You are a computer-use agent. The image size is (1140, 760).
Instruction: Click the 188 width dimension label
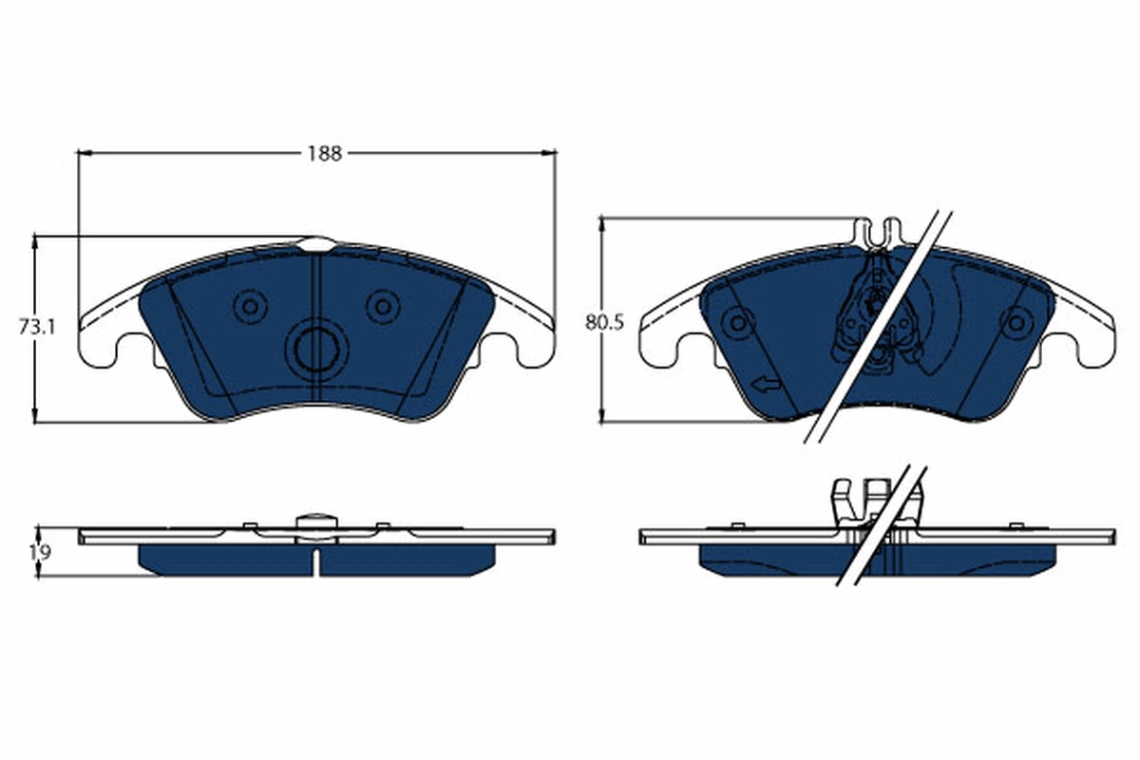point(323,153)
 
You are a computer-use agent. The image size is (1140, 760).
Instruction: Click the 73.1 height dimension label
point(38,328)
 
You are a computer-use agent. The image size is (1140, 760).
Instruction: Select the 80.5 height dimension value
point(604,322)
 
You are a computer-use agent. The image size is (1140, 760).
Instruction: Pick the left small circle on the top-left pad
point(251,306)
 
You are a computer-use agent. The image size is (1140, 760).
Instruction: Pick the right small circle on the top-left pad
point(383,306)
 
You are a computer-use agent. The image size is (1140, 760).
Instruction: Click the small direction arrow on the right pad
point(763,384)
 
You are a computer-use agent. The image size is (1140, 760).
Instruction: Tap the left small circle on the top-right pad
point(736,322)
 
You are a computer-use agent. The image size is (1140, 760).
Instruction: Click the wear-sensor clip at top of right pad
point(878,231)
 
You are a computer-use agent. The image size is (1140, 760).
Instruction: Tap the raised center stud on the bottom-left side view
point(316,522)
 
